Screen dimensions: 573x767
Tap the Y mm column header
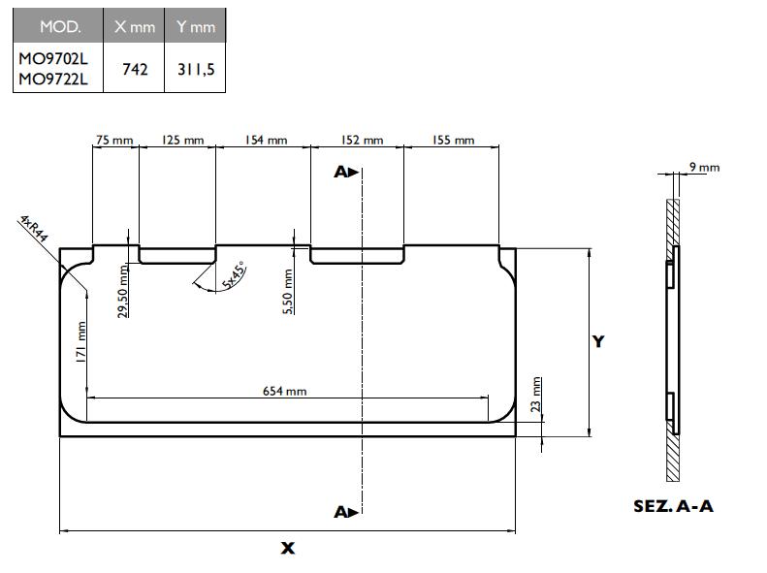pos(195,27)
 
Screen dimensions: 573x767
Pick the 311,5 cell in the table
pos(195,69)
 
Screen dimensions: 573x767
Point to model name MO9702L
pos(53,59)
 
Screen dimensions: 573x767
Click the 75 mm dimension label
pos(113,141)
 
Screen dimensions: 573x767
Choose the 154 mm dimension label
pos(266,141)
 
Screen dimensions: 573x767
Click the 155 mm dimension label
pos(453,141)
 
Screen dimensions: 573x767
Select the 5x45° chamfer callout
pos(233,275)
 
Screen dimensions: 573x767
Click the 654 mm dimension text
pos(285,391)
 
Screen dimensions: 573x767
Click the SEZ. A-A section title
pos(672,507)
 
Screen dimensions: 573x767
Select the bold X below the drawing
pos(287,549)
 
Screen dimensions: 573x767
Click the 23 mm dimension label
pos(537,396)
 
